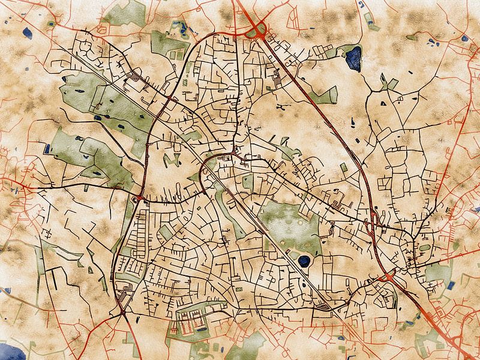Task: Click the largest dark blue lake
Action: (354, 58)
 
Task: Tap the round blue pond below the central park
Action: (305, 261)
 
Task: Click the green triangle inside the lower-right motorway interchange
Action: (388, 277)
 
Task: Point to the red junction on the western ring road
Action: (139, 197)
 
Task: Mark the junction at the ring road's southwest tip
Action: (122, 311)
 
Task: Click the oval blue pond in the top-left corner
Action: (26, 33)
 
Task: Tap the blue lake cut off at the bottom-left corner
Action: (12, 352)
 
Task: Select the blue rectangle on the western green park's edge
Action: (47, 148)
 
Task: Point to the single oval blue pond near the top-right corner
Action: (464, 38)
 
